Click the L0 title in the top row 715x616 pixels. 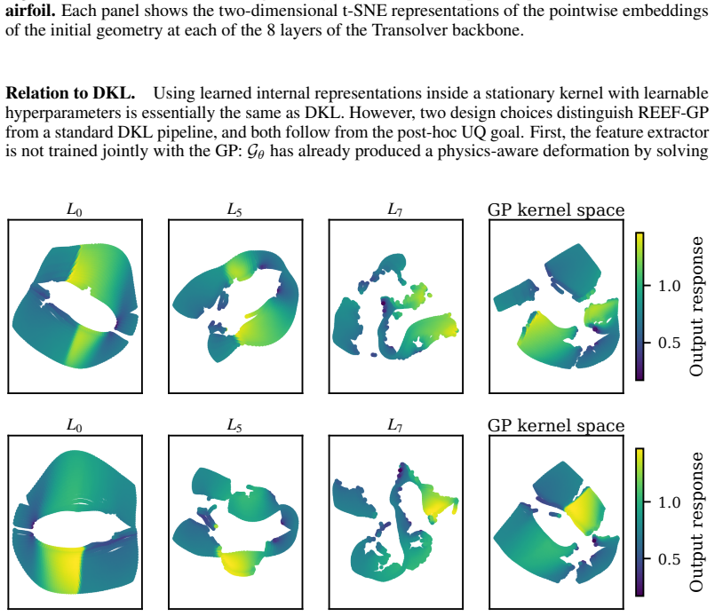click(75, 209)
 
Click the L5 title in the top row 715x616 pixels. click(234, 209)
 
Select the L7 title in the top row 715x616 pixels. click(395, 209)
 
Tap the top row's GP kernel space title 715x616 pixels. click(556, 210)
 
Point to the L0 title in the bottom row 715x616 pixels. click(75, 425)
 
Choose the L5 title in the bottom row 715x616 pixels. click(234, 425)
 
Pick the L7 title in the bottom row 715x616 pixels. click(395, 425)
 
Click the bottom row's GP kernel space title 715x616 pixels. click(556, 425)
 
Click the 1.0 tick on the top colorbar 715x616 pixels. click(669, 286)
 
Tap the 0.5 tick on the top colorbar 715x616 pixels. click(669, 343)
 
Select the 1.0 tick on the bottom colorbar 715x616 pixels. click(669, 502)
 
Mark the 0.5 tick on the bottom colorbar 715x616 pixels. click(669, 559)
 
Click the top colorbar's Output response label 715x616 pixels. click(696, 306)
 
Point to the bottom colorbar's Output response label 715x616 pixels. click(696, 522)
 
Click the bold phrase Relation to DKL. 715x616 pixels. click(70, 93)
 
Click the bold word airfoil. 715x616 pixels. click(30, 10)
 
